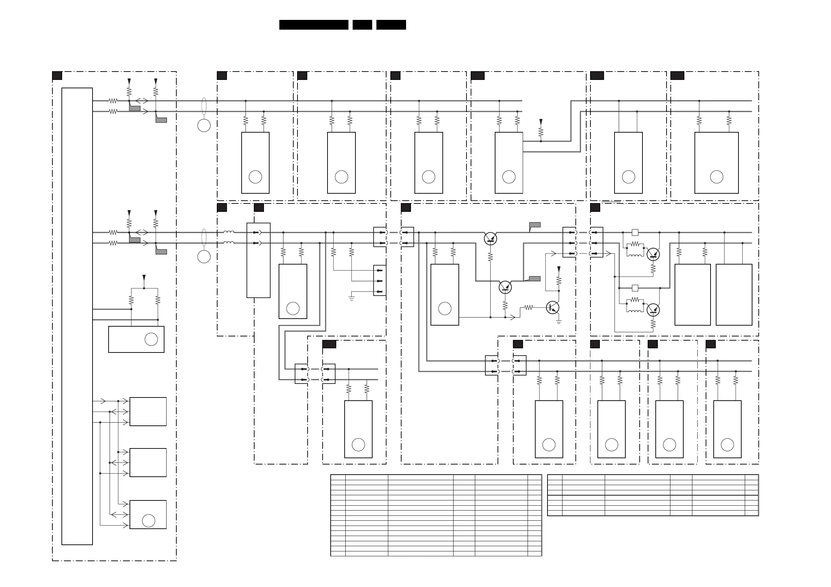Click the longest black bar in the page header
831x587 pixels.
click(x=314, y=24)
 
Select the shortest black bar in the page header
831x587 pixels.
click(x=362, y=24)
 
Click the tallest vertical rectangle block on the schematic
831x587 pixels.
click(x=77, y=316)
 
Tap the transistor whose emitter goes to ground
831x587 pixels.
click(x=552, y=307)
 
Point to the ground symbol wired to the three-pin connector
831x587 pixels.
click(x=351, y=298)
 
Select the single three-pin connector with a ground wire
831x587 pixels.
click(x=380, y=281)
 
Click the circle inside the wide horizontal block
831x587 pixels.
click(x=151, y=339)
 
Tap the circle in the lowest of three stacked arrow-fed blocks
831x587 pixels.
click(x=148, y=520)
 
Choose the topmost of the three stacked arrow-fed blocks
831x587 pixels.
click(x=148, y=411)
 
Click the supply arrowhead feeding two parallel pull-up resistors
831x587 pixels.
click(x=144, y=277)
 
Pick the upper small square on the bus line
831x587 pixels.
click(x=635, y=232)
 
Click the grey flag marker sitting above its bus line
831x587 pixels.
click(x=535, y=225)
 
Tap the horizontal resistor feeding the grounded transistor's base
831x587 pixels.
click(x=528, y=307)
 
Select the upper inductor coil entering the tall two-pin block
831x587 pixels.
click(x=228, y=232)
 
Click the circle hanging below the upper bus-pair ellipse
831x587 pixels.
click(x=204, y=126)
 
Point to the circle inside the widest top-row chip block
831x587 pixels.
click(x=716, y=177)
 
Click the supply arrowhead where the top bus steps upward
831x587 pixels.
click(x=541, y=122)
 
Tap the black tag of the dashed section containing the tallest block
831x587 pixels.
click(x=57, y=76)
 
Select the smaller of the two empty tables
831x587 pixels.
click(x=653, y=495)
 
